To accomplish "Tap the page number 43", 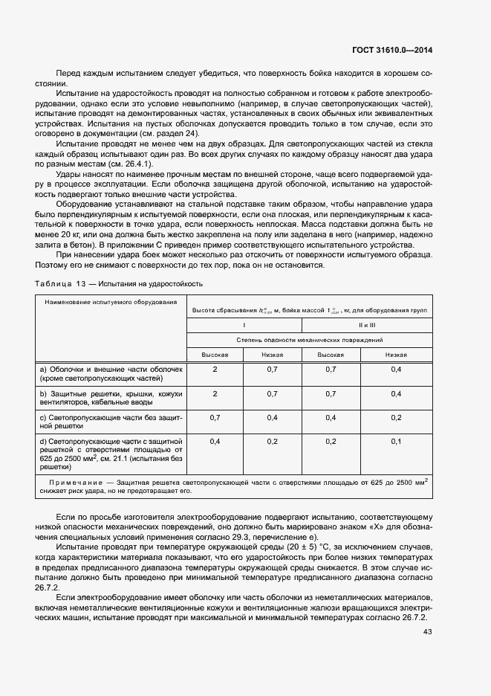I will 427,631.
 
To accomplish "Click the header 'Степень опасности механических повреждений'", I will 309,339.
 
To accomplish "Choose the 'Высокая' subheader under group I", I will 215,355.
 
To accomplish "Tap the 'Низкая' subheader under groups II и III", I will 396,355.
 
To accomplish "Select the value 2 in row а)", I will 215,369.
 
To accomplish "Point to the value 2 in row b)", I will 215,393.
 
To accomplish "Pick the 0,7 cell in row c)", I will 215,417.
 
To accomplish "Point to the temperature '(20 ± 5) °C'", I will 287,547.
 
